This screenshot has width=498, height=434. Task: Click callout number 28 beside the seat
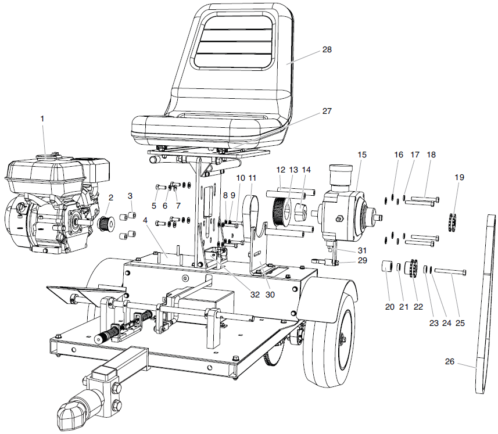click(327, 50)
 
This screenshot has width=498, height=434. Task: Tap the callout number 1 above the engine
click(42, 119)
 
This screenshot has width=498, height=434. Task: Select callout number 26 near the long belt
click(449, 361)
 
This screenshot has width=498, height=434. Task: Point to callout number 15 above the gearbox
click(362, 155)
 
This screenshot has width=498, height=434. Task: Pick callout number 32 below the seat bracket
click(255, 295)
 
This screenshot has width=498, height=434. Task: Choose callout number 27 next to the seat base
click(327, 110)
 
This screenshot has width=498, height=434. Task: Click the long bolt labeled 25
click(450, 271)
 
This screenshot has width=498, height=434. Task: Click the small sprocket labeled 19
click(455, 221)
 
